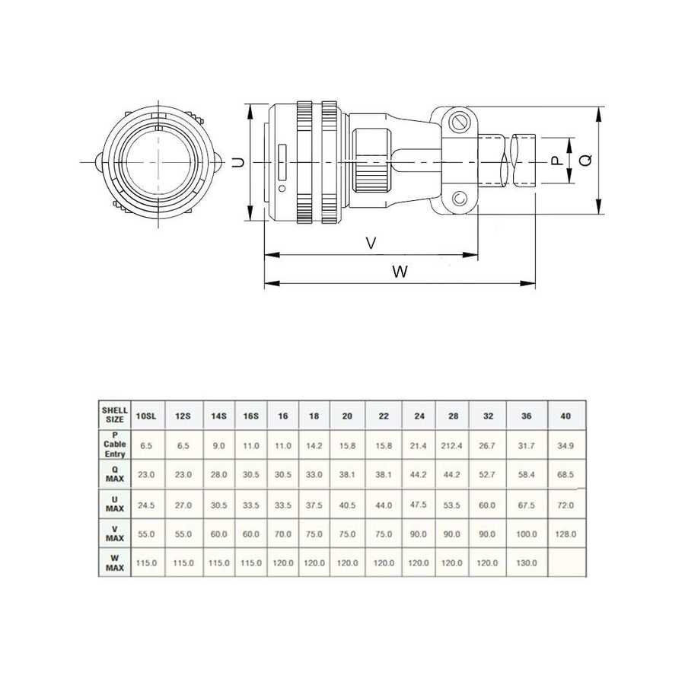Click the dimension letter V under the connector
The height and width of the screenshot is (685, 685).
point(371,243)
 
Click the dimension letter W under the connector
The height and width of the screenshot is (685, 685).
point(400,272)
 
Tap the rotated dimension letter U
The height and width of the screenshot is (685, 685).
point(238,163)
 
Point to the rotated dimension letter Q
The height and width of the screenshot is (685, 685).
point(586,161)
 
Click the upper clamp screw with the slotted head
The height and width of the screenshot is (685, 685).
point(459,123)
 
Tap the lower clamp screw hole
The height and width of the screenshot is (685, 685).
point(459,199)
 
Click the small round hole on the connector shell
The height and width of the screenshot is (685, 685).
point(282,189)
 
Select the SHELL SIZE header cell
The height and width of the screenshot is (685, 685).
point(115,415)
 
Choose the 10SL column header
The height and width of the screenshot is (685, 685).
point(146,416)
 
